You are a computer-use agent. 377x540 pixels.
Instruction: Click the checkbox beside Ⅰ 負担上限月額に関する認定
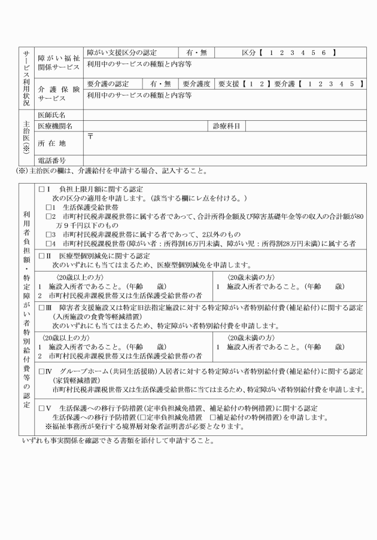[41, 189]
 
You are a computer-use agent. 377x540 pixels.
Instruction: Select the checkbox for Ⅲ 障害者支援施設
[41, 307]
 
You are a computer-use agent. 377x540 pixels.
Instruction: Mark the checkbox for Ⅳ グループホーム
[41, 372]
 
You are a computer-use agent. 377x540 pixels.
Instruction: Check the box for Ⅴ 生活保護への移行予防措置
[41, 408]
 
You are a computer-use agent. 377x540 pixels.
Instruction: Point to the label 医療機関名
[54, 126]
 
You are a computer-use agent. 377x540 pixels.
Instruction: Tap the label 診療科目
[225, 126]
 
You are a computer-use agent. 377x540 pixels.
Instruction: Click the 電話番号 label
[51, 160]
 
